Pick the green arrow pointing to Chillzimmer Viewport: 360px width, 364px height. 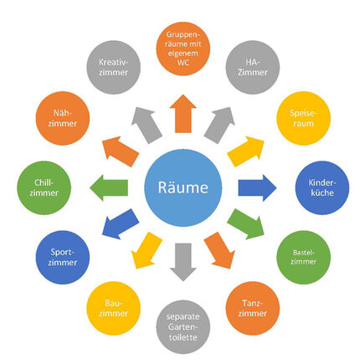coord(111,186)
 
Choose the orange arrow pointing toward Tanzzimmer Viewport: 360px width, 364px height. coord(219,249)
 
